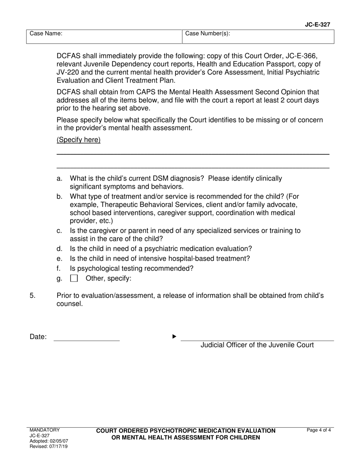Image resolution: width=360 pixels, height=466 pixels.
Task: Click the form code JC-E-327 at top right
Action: click(x=317, y=25)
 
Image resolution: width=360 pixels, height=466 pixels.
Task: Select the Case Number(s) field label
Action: click(x=207, y=34)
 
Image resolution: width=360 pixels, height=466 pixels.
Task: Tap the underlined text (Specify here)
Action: click(x=78, y=140)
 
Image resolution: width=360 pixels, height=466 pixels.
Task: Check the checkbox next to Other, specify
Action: click(x=74, y=279)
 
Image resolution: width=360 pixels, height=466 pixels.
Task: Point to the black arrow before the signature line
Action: click(x=174, y=336)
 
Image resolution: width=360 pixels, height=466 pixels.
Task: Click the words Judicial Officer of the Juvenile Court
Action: click(x=257, y=345)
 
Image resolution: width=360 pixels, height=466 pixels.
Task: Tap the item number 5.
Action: click(x=33, y=296)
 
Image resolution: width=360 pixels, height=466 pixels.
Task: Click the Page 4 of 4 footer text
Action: click(x=319, y=430)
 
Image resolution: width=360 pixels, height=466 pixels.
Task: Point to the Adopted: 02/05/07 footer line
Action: click(x=49, y=441)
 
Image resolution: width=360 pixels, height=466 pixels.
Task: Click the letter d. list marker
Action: click(x=59, y=249)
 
